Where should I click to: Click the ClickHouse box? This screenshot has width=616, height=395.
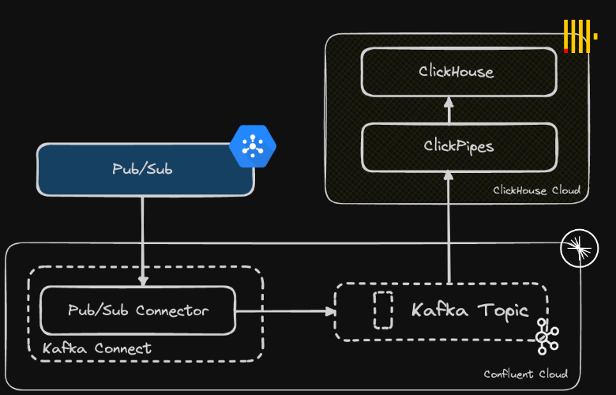pos(456,72)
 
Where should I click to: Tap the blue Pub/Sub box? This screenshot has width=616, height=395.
pos(145,169)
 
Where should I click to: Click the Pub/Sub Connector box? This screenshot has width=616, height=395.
pos(137,310)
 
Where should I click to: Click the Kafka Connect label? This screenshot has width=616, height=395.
pos(96,348)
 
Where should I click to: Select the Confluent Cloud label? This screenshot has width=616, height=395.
pos(524,374)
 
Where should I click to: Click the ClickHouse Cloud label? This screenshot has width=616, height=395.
pos(536,190)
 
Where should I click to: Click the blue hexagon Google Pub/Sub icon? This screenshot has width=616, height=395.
pos(253,146)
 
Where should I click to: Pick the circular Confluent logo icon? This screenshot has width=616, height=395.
pos(579,250)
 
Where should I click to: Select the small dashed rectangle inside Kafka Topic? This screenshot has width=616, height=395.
pos(382,310)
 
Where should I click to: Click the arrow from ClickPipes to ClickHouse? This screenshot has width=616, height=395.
pos(449,110)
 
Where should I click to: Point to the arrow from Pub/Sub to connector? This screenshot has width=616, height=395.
pos(143,241)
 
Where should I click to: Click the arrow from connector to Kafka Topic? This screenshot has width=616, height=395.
pos(285,310)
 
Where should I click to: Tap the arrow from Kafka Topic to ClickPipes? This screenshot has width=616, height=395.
pos(449,229)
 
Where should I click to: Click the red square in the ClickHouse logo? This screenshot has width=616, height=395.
pos(566,51)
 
